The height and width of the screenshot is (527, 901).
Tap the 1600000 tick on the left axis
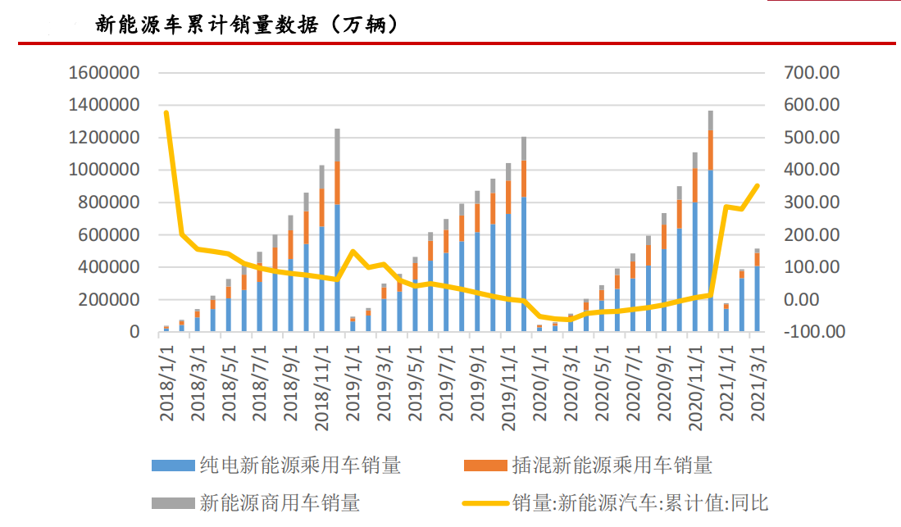103,73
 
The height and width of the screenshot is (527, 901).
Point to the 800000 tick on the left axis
108,202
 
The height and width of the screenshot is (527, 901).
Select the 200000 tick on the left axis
108,300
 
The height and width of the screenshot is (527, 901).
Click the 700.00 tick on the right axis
812,73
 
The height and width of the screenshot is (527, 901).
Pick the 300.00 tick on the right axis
812,202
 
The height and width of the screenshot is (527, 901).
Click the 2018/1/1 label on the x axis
167,381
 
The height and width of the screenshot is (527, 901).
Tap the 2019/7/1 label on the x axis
448,381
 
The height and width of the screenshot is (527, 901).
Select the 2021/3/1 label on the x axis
758,381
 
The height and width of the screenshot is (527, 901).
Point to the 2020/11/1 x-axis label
695,385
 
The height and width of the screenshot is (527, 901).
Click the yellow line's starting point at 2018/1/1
166,112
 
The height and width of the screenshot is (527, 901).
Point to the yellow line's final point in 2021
757,186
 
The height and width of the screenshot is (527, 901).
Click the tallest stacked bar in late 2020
710,221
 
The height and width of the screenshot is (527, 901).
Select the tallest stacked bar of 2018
336,230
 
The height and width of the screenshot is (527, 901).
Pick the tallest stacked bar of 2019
523,234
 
